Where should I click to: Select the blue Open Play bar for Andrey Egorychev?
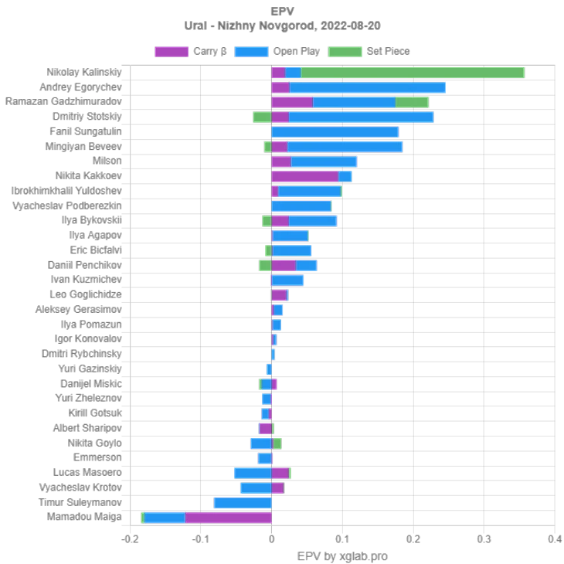[x=368, y=87]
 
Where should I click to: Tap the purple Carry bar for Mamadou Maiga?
[x=228, y=517]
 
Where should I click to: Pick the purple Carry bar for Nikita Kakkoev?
[x=304, y=176]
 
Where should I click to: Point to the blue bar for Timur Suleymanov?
[x=243, y=502]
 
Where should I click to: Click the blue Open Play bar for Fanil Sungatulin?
[x=335, y=132]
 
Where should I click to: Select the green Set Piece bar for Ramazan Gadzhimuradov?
[x=412, y=102]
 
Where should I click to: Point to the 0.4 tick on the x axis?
[x=554, y=539]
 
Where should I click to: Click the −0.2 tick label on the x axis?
[x=130, y=539]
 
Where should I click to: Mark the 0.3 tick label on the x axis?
[x=484, y=539]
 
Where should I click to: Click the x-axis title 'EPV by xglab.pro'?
[x=342, y=556]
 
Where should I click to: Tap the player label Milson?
[x=107, y=161]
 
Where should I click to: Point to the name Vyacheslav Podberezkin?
[x=67, y=206]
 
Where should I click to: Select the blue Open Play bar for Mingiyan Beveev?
[x=345, y=147]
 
